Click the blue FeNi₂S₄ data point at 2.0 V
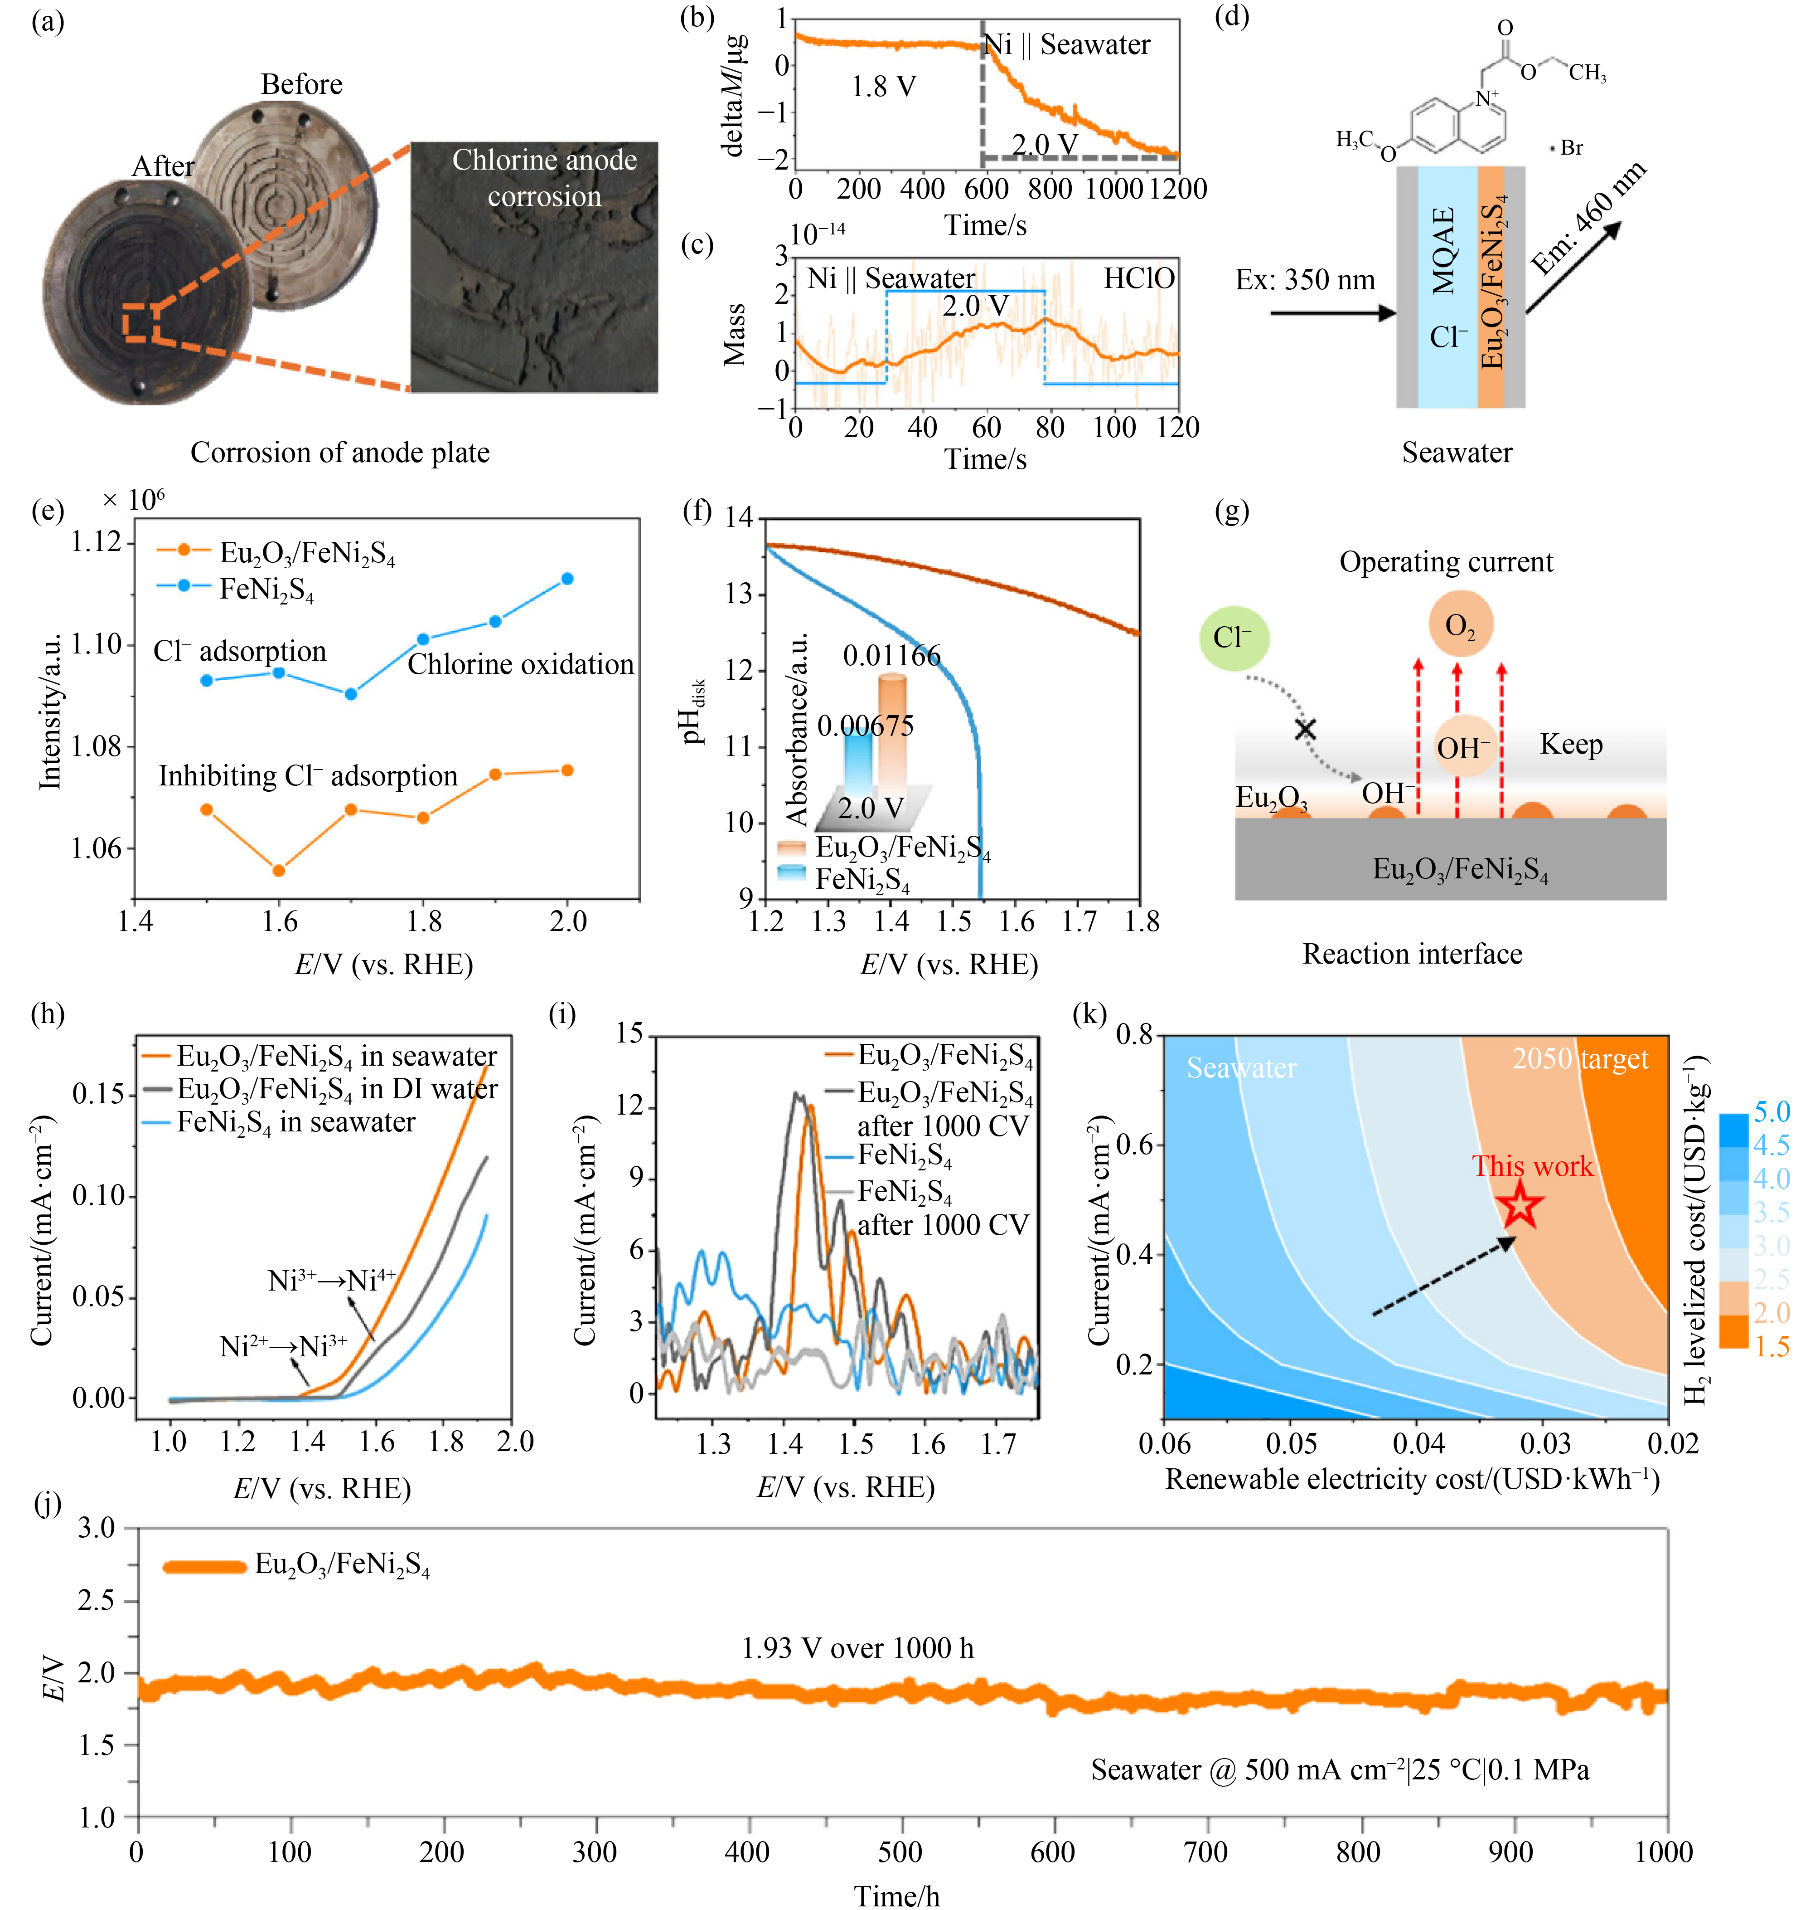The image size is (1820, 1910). coord(567,579)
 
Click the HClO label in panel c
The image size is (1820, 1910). coord(1139,278)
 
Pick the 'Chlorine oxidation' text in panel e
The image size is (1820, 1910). coord(520,665)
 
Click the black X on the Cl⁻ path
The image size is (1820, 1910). coord(1306,729)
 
